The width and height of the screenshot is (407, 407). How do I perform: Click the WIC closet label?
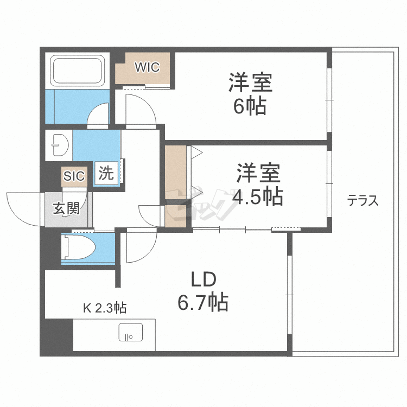[147, 67]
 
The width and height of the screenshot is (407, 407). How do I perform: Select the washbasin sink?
[58, 145]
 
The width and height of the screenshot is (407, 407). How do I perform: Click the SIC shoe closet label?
[74, 176]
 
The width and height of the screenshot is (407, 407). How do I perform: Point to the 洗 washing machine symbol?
[106, 174]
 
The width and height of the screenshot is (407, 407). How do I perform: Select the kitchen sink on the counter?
[130, 332]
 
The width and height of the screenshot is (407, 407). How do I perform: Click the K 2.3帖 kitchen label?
[105, 308]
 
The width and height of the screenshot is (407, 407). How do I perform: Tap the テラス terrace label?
[363, 201]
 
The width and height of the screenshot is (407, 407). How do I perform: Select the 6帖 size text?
[250, 106]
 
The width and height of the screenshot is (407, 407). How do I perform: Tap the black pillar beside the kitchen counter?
[56, 337]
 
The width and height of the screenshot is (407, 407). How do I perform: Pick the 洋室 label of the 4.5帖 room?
[257, 174]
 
